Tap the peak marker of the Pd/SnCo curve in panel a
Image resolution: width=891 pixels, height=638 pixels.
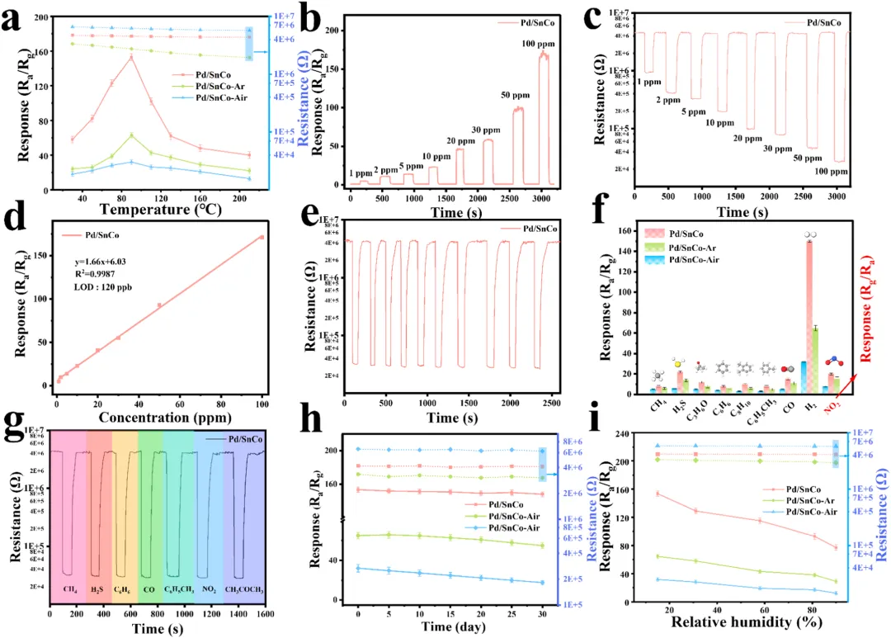[131, 57]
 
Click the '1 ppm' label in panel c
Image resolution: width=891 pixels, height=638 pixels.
[649, 81]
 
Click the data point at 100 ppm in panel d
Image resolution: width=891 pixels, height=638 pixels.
[262, 237]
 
